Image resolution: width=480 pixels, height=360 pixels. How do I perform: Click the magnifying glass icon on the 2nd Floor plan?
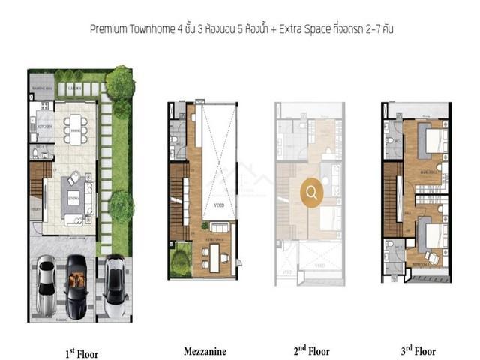(312, 193)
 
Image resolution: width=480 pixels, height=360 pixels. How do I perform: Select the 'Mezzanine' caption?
(202, 350)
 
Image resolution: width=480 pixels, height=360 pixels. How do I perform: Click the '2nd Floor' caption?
(312, 350)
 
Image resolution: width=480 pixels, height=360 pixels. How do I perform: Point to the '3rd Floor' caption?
(415, 350)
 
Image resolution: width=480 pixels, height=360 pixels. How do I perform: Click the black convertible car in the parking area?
(76, 281)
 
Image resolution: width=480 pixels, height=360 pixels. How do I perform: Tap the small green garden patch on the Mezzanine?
(181, 262)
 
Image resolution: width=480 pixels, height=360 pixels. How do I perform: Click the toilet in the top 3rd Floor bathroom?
(391, 140)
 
